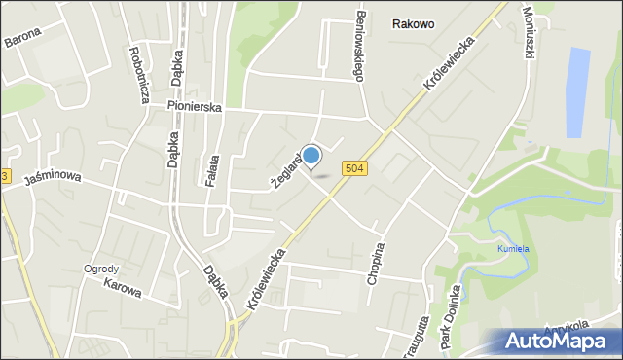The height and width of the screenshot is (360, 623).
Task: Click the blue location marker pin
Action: pyautogui.click(x=311, y=156)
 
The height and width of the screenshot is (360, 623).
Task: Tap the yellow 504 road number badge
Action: pyautogui.click(x=354, y=169)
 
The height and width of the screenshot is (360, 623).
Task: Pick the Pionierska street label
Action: pyautogui.click(x=194, y=106)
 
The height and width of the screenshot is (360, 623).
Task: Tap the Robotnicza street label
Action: pyautogui.click(x=140, y=73)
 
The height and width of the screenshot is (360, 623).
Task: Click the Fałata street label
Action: pyautogui.click(x=214, y=157)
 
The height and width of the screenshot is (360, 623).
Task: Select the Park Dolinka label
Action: pyautogui.click(x=450, y=319)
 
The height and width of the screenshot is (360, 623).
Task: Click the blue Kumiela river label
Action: pyautogui.click(x=514, y=248)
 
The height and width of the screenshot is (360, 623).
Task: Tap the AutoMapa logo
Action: pyautogui.click(x=559, y=341)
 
